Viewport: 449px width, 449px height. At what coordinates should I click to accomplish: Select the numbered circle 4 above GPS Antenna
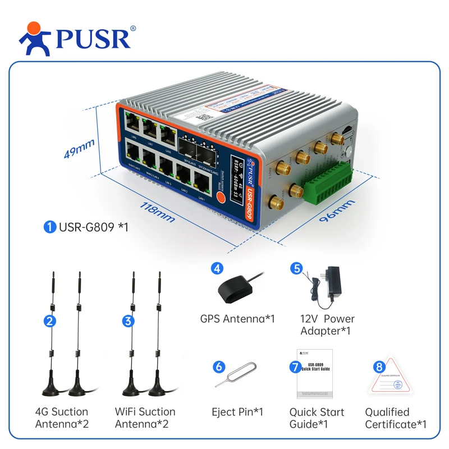coord(217,268)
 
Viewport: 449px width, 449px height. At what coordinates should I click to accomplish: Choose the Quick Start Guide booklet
coord(315,373)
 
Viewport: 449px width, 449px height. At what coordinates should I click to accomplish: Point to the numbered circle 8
coord(379,366)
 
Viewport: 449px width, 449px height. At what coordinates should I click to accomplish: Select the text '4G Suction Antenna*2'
coord(62,418)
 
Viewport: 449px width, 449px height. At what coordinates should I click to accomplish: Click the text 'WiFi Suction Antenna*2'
coord(145,418)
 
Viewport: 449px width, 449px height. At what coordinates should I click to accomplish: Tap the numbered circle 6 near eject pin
coord(219,366)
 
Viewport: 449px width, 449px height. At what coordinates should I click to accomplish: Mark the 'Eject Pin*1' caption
coord(237,412)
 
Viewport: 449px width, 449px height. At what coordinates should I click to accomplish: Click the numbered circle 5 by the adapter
coord(296,268)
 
